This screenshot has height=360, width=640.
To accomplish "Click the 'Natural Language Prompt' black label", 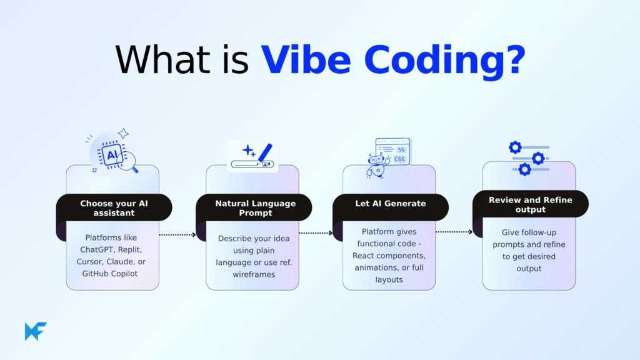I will click(x=255, y=208).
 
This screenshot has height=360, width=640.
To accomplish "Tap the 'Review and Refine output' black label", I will click(x=530, y=204).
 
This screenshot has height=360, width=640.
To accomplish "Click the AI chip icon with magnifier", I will click(x=114, y=156).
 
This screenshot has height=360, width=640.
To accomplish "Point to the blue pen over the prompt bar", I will click(x=266, y=152).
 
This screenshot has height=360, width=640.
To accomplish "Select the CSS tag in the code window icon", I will click(x=399, y=159).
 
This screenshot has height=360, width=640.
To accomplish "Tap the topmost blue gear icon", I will click(x=515, y=147).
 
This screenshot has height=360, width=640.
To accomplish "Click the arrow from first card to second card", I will click(x=177, y=235).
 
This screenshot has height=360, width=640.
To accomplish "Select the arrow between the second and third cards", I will click(x=316, y=233).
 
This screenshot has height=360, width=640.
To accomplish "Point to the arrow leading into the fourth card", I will click(x=454, y=232).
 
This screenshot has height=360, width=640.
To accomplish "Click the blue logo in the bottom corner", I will click(x=36, y=331).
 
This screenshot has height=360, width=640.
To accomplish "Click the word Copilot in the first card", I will click(x=127, y=273).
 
